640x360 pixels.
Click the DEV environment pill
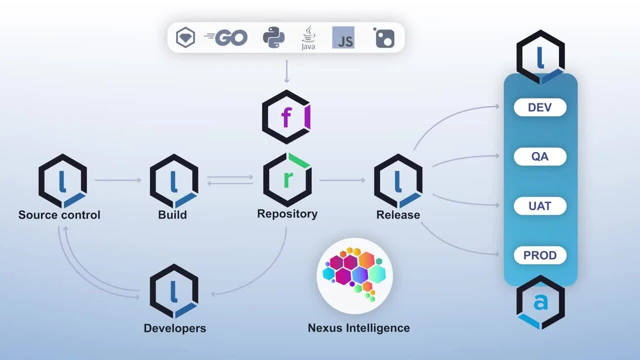click(x=540, y=107)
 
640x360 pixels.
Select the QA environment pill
click(x=540, y=156)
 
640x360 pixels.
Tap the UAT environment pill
click(x=540, y=206)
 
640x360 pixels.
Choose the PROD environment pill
click(x=540, y=255)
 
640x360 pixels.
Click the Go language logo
click(x=226, y=37)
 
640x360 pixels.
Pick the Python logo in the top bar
click(x=273, y=37)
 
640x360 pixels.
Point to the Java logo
click(x=308, y=38)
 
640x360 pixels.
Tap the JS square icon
click(x=343, y=37)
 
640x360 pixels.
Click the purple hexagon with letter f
click(x=286, y=117)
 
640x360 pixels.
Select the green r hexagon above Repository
click(x=287, y=179)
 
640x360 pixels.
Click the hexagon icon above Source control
click(x=62, y=180)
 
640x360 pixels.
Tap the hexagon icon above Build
click(x=174, y=180)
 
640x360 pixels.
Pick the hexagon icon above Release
click(x=398, y=180)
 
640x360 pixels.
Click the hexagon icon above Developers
click(x=174, y=290)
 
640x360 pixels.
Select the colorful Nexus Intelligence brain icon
click(x=355, y=275)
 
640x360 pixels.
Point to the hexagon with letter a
click(x=540, y=302)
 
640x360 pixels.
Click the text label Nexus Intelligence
click(x=358, y=328)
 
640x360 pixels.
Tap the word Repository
click(x=287, y=214)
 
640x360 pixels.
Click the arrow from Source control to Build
click(x=118, y=180)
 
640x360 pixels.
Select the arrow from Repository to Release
click(x=342, y=180)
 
